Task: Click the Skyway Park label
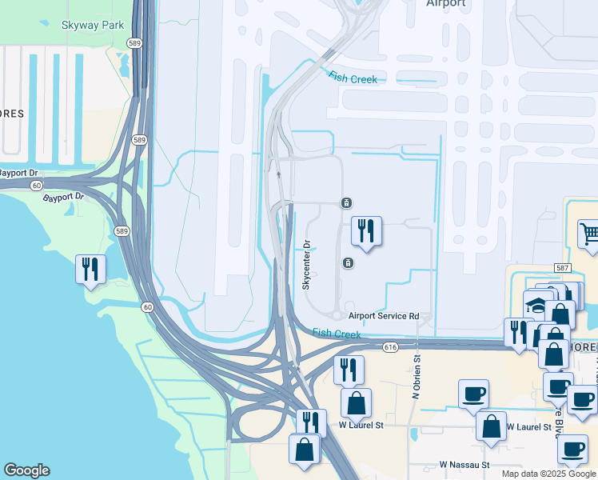pyautogui.click(x=93, y=25)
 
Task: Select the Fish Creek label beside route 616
pyautogui.click(x=337, y=334)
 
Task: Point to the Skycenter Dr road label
pyautogui.click(x=305, y=265)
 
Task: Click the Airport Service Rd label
pyautogui.click(x=384, y=317)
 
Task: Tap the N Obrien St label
pyautogui.click(x=416, y=378)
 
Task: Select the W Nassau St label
pyautogui.click(x=464, y=464)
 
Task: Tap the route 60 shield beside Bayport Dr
pyautogui.click(x=37, y=185)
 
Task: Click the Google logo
pyautogui.click(x=26, y=470)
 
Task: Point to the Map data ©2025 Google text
pyautogui.click(x=548, y=474)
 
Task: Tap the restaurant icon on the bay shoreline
pyautogui.click(x=90, y=269)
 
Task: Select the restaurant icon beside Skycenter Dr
pyautogui.click(x=367, y=231)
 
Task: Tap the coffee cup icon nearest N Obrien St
pyautogui.click(x=473, y=394)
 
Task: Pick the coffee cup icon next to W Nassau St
pyautogui.click(x=572, y=449)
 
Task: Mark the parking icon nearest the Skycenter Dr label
pyautogui.click(x=348, y=263)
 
